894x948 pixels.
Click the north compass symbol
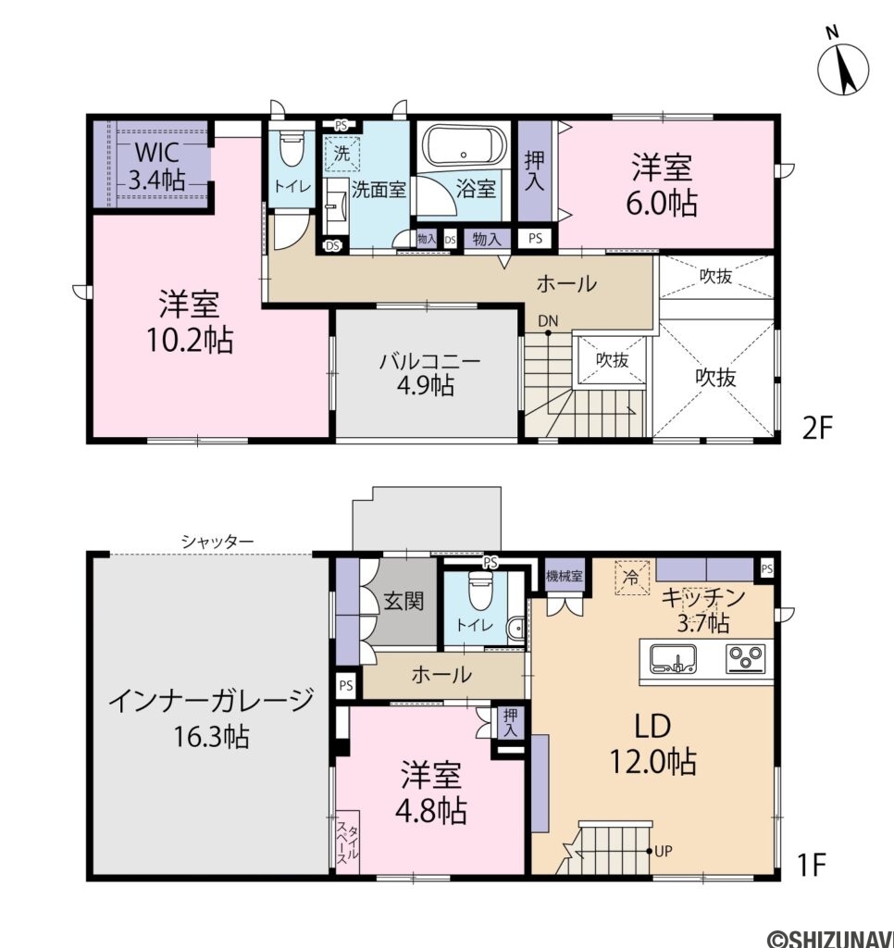tap(843, 66)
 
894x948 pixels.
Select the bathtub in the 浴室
tap(464, 146)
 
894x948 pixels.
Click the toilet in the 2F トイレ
tap(292, 148)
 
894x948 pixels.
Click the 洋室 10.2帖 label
tap(187, 322)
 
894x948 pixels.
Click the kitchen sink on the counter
tap(674, 658)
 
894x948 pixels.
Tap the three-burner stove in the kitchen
tap(745, 658)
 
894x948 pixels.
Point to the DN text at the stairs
tap(549, 321)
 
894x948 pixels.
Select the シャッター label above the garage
tap(217, 541)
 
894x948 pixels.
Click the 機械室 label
tap(564, 575)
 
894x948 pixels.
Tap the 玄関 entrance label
tap(404, 601)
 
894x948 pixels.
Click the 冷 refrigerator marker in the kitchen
tap(632, 577)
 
